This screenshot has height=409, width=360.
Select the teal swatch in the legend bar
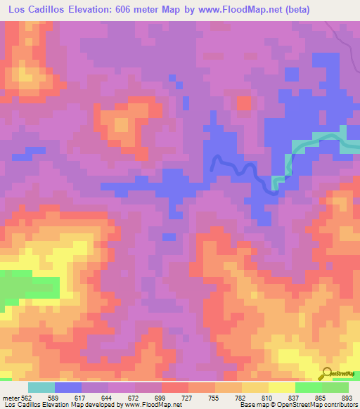point(41,387)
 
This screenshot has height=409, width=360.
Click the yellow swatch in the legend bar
point(281,387)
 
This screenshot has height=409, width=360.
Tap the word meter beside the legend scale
point(10,397)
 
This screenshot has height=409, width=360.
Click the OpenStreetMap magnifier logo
point(327,372)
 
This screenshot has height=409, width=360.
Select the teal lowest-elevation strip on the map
point(316,142)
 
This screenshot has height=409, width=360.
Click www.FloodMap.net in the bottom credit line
point(150,405)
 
